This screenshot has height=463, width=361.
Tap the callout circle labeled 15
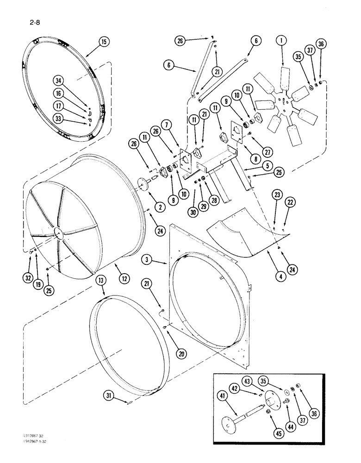[103, 42]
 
